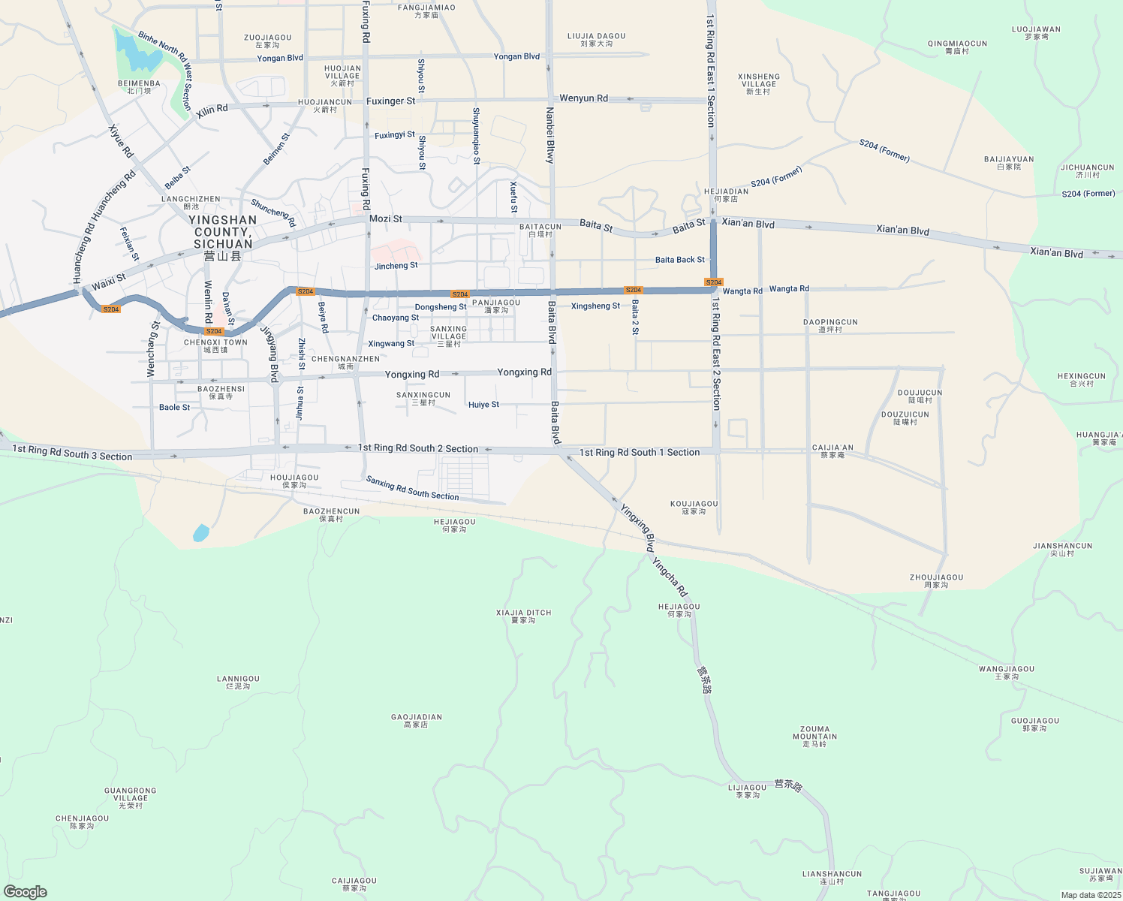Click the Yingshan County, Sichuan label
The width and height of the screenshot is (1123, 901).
[223, 232]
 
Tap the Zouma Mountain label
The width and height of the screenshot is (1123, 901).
[814, 736]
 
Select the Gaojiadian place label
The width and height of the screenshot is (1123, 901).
[416, 721]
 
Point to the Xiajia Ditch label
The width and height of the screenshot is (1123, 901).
[523, 616]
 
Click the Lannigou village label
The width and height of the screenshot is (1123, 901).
[238, 682]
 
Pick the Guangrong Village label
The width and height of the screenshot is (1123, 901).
[131, 797]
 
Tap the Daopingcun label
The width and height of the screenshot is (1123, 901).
[829, 325]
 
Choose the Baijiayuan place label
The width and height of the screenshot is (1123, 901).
[1009, 162]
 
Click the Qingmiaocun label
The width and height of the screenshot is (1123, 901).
[957, 47]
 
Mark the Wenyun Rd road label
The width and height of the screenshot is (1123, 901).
[583, 98]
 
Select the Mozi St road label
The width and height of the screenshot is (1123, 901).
[386, 218]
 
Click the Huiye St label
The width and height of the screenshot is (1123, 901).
[483, 405]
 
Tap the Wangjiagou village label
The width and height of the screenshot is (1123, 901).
[1006, 672]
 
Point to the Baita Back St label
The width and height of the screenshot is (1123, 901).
[680, 260]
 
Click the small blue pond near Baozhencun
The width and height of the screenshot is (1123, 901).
[201, 533]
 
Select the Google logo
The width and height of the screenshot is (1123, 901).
[25, 892]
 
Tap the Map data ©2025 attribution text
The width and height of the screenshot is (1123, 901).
[1090, 895]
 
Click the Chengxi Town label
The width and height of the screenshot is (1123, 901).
[215, 345]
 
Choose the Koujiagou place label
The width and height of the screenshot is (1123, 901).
[694, 508]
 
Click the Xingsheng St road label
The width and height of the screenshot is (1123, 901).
[595, 306]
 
